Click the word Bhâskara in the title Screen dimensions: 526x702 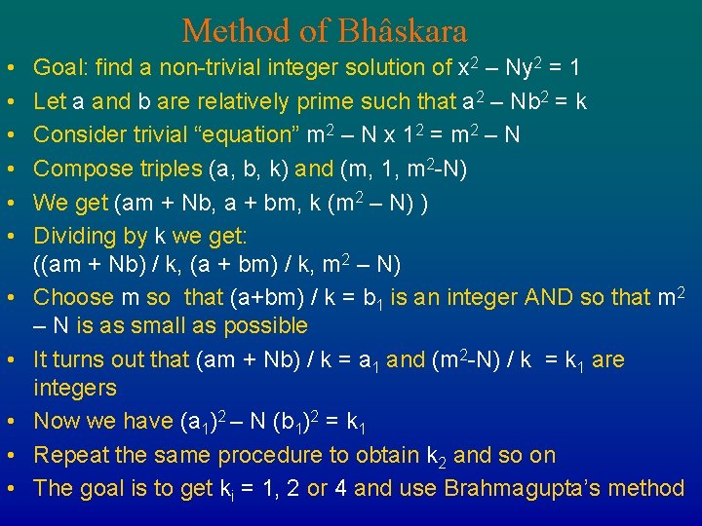(402, 31)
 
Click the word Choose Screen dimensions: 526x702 (68, 297)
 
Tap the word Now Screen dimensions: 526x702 (55, 422)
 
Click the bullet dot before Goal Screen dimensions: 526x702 (8, 69)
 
